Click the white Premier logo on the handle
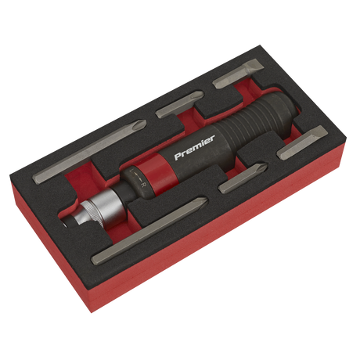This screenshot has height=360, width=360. tap(194, 147)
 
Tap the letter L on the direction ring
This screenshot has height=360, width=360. tap(132, 172)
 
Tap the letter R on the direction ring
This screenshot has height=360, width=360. tap(143, 185)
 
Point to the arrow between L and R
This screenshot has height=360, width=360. tap(138, 178)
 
